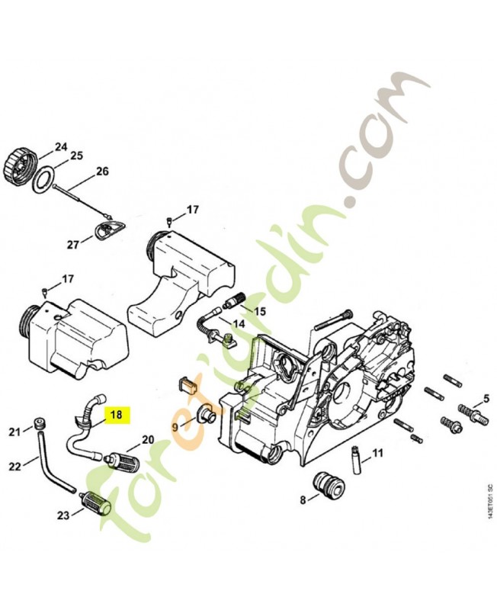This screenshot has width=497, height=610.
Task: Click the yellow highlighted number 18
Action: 117,415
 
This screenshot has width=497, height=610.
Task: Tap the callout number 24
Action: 61,146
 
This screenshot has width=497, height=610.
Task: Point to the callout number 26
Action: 102,172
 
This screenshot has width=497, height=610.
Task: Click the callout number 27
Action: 73,244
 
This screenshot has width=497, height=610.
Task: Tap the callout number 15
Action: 260,311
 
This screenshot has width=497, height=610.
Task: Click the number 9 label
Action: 175,427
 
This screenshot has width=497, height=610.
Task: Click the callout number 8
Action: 303,500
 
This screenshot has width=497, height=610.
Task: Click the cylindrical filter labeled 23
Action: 97,504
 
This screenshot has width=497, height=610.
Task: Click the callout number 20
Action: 148,440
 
